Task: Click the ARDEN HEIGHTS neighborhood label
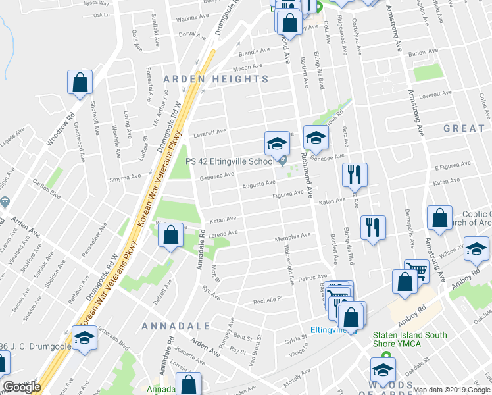point(216,79)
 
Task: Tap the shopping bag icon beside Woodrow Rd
point(80,83)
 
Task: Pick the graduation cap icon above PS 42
point(277,143)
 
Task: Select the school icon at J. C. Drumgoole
point(84,339)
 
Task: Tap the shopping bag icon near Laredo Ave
point(170,236)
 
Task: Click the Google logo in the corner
point(22,386)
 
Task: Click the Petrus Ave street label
point(312,278)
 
